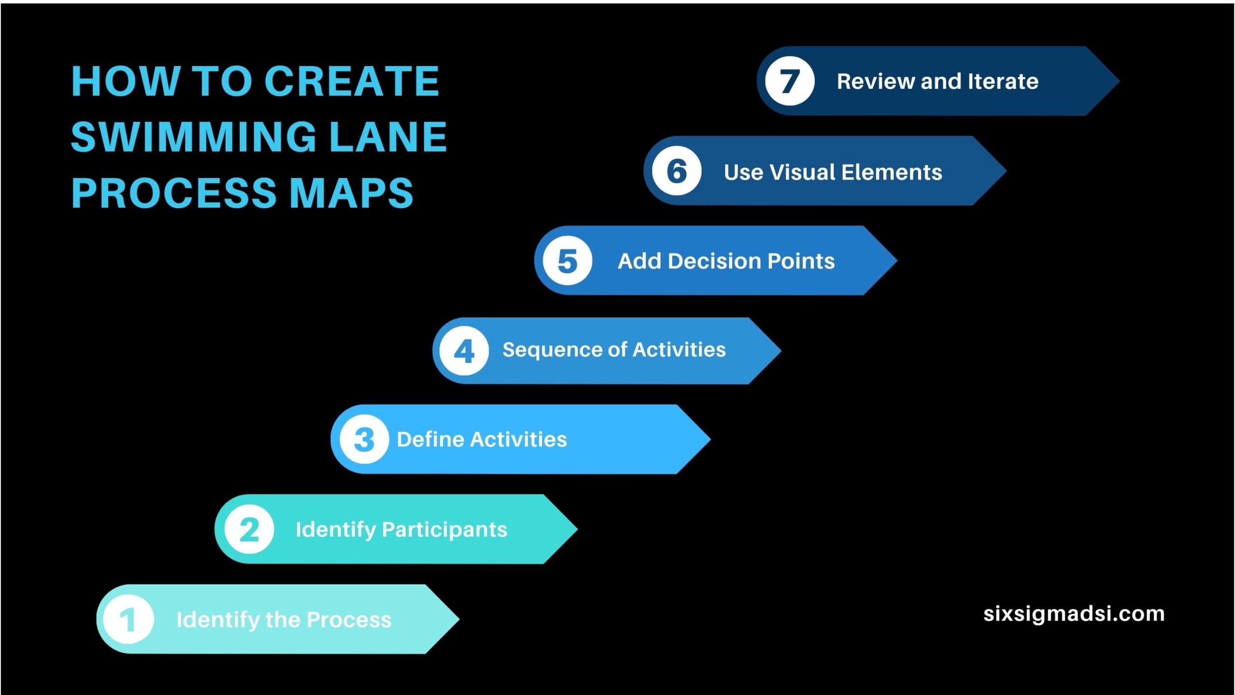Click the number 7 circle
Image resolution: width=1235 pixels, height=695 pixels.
[x=790, y=81]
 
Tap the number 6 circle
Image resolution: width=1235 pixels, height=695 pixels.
[x=677, y=171]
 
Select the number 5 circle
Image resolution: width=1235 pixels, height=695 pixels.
[x=567, y=261]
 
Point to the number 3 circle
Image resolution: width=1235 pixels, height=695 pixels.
[x=364, y=439]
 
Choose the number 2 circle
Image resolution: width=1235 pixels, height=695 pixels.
[x=249, y=529]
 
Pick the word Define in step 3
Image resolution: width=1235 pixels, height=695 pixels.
[x=430, y=439]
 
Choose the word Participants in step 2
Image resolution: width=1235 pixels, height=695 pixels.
[x=445, y=530]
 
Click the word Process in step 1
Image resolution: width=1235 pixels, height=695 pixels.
[x=349, y=620]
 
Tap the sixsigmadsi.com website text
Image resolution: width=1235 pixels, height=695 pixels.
[x=1074, y=614]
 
